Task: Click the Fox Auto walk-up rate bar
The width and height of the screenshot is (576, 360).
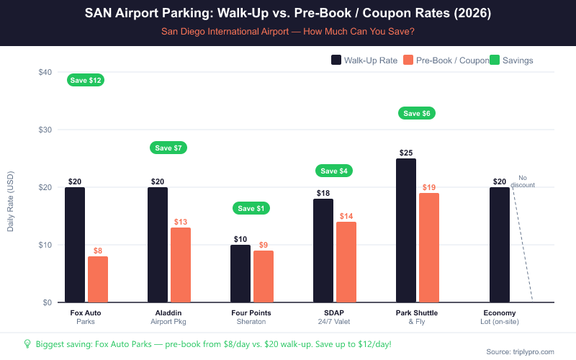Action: pos(75,245)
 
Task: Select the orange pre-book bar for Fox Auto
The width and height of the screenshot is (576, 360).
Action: pos(98,279)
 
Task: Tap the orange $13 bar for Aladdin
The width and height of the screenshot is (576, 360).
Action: pos(181,265)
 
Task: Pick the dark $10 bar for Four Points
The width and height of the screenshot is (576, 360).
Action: pos(240,274)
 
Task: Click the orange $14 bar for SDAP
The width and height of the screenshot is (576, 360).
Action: pos(346,262)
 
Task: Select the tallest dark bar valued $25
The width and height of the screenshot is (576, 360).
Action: pos(406,230)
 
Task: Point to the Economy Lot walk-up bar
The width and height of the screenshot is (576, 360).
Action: pos(500,245)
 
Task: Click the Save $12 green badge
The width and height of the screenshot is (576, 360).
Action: pos(86,80)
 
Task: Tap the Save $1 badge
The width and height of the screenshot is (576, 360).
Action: pos(251,208)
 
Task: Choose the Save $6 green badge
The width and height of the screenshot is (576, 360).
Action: pos(417,113)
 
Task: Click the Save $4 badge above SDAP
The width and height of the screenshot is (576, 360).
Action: pos(334,171)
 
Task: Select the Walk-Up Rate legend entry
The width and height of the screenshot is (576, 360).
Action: pos(364,60)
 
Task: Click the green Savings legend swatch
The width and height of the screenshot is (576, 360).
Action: pos(495,60)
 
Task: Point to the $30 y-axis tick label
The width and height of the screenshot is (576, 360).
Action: pos(45,130)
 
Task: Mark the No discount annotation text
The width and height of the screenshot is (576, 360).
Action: pos(523,181)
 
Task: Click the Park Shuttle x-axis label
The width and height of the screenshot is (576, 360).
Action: pos(417,312)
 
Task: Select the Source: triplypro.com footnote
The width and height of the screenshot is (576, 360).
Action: pos(521,351)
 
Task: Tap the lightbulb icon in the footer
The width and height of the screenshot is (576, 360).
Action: pos(27,344)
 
